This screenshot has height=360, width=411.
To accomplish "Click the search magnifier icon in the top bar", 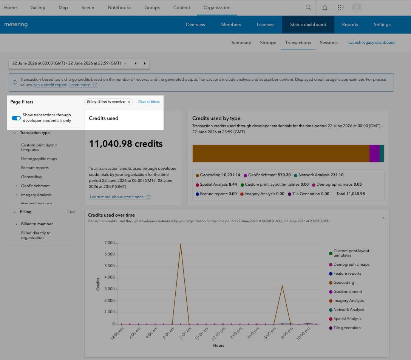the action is click(x=309, y=8).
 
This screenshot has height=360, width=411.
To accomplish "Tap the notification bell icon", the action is click(x=325, y=8).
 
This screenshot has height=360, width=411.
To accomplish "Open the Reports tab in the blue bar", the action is click(x=350, y=25).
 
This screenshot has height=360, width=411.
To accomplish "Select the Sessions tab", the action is click(x=329, y=43).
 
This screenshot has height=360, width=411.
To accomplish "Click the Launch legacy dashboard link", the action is click(x=371, y=42).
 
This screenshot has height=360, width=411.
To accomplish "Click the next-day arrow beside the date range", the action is click(x=145, y=63).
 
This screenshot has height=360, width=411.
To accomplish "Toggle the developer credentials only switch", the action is click(x=16, y=118).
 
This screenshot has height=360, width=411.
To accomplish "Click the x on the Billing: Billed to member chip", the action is click(x=129, y=102).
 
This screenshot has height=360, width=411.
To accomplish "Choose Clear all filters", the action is click(x=148, y=102).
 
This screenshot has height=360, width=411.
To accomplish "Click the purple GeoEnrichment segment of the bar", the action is click(x=374, y=154).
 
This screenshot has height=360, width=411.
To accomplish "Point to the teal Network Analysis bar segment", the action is click(x=382, y=154).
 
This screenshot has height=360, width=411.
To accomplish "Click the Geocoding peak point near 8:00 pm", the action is click(x=282, y=286).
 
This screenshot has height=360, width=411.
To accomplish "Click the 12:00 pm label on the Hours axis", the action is click(x=219, y=333).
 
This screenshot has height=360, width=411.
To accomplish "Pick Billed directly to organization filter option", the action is click(x=36, y=235).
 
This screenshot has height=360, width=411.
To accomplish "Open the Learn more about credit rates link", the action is click(x=117, y=197).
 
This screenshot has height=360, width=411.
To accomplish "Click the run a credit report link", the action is click(x=50, y=85).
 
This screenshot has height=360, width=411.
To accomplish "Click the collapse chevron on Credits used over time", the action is click(x=383, y=218).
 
